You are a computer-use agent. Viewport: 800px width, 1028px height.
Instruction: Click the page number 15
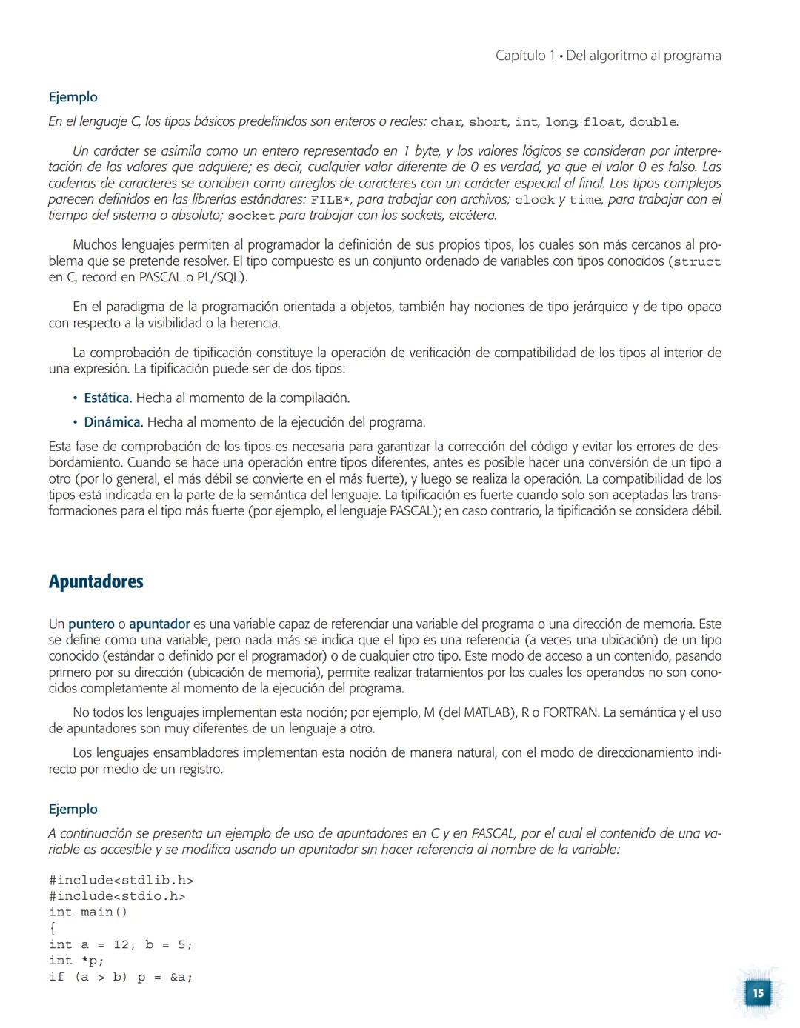pyautogui.click(x=758, y=993)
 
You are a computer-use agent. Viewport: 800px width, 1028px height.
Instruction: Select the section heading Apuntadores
pyautogui.click(x=96, y=582)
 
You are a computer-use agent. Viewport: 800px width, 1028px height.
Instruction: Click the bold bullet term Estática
pyautogui.click(x=107, y=398)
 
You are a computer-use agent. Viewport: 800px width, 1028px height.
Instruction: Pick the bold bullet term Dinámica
pyautogui.click(x=113, y=423)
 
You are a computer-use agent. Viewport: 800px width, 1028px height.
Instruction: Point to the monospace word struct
pyautogui.click(x=696, y=262)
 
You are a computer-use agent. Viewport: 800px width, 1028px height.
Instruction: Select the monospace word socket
pyautogui.click(x=250, y=216)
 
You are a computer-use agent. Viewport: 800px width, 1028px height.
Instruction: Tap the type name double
pyautogui.click(x=653, y=122)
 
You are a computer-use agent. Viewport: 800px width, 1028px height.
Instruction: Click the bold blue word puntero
pyautogui.click(x=91, y=624)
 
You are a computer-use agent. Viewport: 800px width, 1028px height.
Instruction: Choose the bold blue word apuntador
pyautogui.click(x=159, y=624)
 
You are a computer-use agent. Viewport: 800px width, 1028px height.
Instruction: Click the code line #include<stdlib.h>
pyautogui.click(x=121, y=881)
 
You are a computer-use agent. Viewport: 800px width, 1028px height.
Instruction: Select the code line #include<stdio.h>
pyautogui.click(x=117, y=897)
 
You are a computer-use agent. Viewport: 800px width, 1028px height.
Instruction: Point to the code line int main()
pyautogui.click(x=88, y=912)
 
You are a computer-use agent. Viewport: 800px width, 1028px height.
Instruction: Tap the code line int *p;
pyautogui.click(x=76, y=961)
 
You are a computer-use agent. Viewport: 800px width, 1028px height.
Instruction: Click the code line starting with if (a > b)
pyautogui.click(x=121, y=978)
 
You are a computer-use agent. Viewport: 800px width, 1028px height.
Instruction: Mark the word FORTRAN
pyautogui.click(x=570, y=713)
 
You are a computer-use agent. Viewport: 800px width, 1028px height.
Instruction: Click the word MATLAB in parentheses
pyautogui.click(x=490, y=713)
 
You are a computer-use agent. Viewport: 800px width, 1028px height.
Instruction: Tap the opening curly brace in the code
pyautogui.click(x=53, y=929)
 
